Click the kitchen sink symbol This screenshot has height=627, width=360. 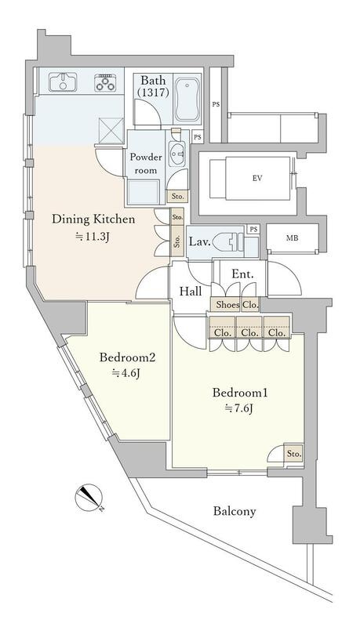[x=63, y=82]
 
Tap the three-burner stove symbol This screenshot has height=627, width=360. [x=105, y=83]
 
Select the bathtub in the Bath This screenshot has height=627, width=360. [x=187, y=100]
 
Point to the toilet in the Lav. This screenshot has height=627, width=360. [x=228, y=242]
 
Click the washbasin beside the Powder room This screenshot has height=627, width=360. [x=176, y=152]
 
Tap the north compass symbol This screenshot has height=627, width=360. [x=89, y=498]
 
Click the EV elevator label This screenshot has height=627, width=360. [x=257, y=179]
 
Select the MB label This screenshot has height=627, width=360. [x=292, y=238]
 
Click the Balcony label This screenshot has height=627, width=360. [x=235, y=511]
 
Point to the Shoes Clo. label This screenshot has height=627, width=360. [x=237, y=305]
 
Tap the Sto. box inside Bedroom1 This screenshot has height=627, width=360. [x=293, y=454]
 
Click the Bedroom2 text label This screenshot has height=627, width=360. [x=127, y=357]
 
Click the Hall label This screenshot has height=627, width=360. [x=191, y=291]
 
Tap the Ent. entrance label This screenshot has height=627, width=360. [x=243, y=274]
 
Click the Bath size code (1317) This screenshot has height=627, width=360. [x=153, y=92]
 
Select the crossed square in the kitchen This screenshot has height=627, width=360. [x=111, y=130]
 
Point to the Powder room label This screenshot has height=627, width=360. [x=146, y=164]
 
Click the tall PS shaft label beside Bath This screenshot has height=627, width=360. [x=216, y=105]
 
